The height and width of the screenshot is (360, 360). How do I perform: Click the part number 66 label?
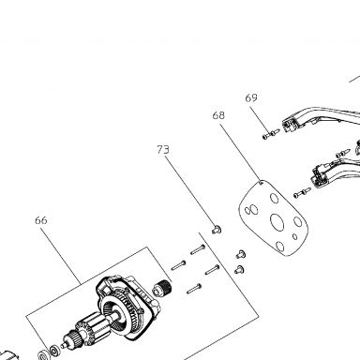pyautogui.click(x=41, y=220)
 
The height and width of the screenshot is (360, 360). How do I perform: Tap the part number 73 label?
pyautogui.click(x=163, y=150)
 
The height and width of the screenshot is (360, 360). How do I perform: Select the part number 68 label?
pyautogui.click(x=218, y=115)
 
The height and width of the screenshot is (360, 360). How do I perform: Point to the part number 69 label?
pyautogui.click(x=251, y=97)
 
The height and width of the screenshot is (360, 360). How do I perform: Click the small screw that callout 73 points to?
pyautogui.click(x=217, y=230)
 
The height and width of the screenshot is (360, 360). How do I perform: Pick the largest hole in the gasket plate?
pyautogui.click(x=277, y=223)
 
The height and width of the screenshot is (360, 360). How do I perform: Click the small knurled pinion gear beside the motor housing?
pyautogui.click(x=162, y=288)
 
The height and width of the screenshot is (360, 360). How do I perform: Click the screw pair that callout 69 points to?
pyautogui.click(x=271, y=134)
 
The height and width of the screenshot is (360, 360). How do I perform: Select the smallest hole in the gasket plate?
pyautogui.click(x=294, y=236)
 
